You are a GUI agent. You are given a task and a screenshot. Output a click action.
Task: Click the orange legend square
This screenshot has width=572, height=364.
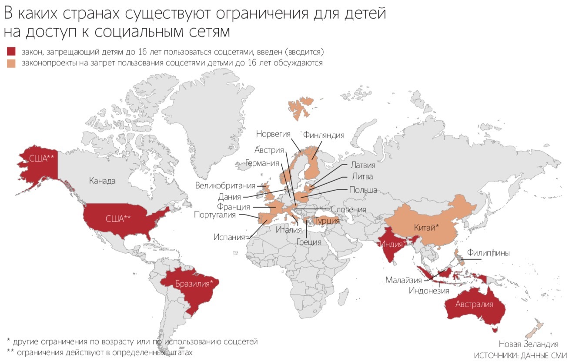[x=11, y=63]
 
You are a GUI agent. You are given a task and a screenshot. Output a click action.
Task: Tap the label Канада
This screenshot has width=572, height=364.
[x=102, y=180]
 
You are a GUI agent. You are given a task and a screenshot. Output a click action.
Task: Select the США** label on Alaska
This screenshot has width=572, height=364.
[x=41, y=158]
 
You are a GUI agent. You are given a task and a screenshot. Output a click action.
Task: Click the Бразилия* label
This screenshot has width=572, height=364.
[x=194, y=284]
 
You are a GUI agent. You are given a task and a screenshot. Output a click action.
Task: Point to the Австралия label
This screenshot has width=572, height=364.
[x=474, y=304]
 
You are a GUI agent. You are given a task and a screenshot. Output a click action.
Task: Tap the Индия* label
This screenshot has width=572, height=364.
[x=394, y=243]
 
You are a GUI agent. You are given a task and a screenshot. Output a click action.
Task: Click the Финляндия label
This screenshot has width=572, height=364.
[x=324, y=135]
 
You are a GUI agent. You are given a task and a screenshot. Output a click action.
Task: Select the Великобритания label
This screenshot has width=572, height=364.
[x=225, y=186]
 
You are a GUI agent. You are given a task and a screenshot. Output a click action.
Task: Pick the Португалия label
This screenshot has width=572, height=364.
[x=215, y=215]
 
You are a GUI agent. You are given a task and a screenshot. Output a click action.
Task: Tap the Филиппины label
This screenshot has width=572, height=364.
[x=488, y=252]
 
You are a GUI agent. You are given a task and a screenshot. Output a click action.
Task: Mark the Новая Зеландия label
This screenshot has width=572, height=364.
[x=528, y=344]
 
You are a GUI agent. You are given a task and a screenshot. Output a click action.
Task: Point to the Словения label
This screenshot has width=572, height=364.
[x=348, y=209]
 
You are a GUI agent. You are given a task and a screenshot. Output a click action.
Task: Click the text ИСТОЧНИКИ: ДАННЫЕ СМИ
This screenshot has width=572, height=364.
[x=520, y=355]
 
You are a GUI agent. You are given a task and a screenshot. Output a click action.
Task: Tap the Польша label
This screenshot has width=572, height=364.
[x=363, y=190]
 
